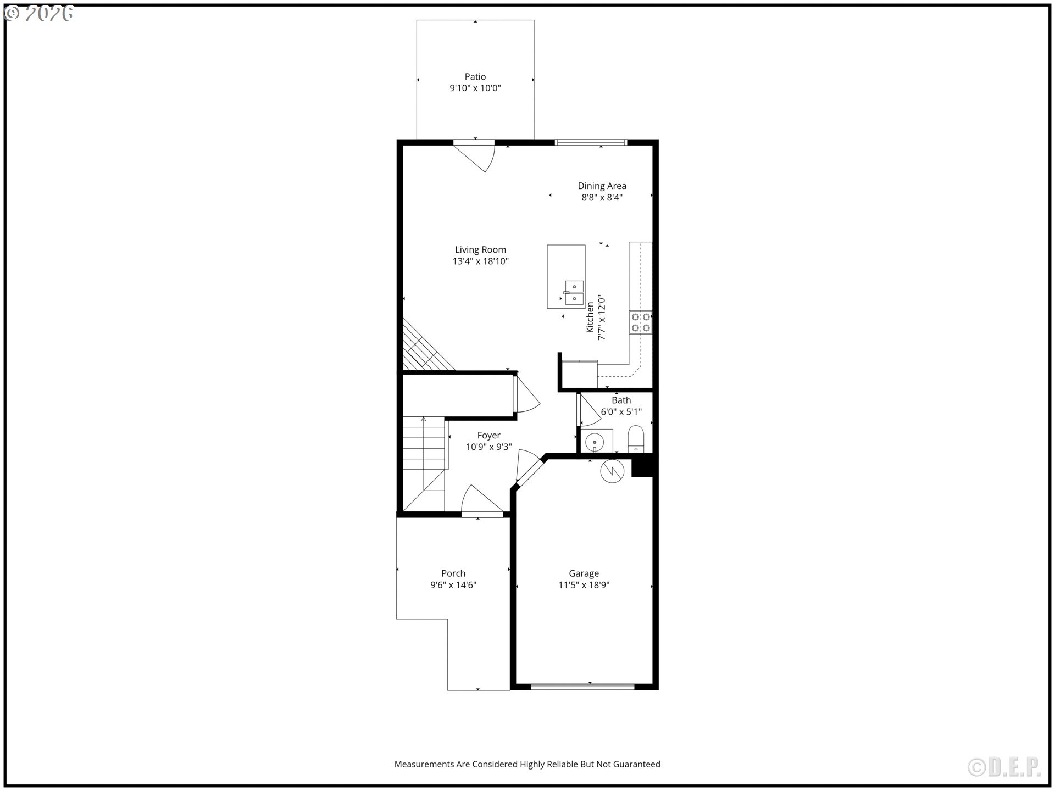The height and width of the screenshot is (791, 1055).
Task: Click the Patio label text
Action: point(475,77)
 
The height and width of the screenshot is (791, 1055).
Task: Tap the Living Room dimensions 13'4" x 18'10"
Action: point(480,261)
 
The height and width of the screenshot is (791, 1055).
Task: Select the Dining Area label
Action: point(602,186)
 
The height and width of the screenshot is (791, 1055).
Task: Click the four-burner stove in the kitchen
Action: point(640,322)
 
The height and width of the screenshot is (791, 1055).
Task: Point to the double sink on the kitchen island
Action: point(574,293)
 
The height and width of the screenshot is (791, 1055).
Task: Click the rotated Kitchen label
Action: point(590,317)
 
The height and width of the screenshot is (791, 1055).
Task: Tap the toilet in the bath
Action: point(636,439)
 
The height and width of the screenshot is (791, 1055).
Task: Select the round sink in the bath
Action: point(595,441)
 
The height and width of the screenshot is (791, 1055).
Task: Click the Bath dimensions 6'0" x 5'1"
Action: point(621,412)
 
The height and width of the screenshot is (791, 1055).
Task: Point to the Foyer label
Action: point(488,436)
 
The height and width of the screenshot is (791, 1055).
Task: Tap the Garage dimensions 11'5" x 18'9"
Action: point(584,585)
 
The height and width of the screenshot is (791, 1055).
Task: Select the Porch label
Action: point(453,573)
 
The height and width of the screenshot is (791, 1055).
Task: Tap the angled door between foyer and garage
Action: point(529,471)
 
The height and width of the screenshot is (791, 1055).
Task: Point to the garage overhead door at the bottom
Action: point(582,686)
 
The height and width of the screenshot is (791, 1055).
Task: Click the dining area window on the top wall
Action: point(591,143)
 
